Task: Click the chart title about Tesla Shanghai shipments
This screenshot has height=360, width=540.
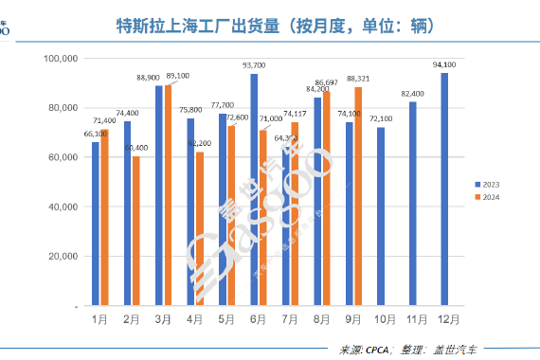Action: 270,26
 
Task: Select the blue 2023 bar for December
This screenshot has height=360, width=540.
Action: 444,189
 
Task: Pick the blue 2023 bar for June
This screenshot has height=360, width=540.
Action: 254,189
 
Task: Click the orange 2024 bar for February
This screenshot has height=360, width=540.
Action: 137,231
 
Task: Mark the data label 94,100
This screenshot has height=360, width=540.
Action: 443,64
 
